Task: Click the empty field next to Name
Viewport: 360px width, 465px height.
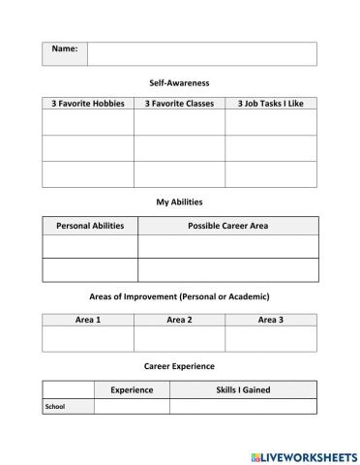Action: click(x=201, y=53)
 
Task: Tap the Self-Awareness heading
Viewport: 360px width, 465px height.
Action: click(x=179, y=83)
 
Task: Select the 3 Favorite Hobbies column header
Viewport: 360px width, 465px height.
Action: click(x=88, y=103)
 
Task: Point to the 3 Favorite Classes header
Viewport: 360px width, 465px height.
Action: click(x=179, y=103)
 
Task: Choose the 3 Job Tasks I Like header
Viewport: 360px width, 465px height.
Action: click(x=270, y=103)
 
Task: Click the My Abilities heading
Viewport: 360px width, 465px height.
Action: click(x=179, y=201)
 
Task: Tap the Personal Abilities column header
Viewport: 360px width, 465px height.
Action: click(x=90, y=226)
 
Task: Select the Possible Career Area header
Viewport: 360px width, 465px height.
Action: click(x=227, y=226)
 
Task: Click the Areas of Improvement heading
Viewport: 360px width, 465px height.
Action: click(x=179, y=295)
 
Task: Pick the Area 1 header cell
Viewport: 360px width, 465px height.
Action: click(x=88, y=319)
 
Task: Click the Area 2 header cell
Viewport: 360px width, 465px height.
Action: click(x=179, y=319)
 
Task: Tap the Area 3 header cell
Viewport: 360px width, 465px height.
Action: click(x=270, y=319)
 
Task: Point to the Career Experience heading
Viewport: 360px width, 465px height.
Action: click(x=179, y=366)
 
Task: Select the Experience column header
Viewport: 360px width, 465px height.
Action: click(x=132, y=389)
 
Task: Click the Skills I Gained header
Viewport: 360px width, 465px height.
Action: click(x=242, y=389)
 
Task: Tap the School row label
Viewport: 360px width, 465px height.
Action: click(x=55, y=407)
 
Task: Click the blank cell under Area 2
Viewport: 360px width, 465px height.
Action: click(x=179, y=338)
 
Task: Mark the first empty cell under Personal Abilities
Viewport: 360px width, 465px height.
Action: click(x=90, y=246)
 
